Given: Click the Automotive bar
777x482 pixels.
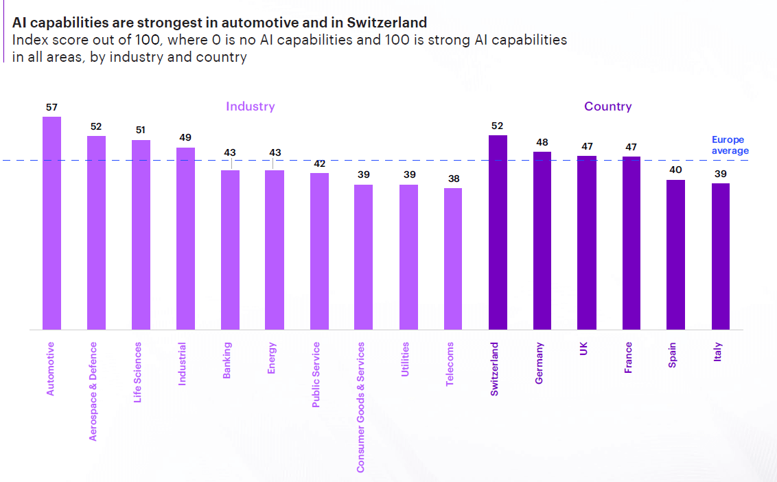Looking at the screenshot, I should (x=51, y=223).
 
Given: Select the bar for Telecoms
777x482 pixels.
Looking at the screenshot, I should (x=453, y=259).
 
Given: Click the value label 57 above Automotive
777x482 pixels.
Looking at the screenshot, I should (x=51, y=107).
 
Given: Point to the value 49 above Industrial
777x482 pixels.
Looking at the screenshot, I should (x=185, y=137).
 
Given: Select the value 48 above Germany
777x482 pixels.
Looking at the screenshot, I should (x=542, y=142).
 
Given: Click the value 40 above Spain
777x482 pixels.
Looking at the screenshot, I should (x=675, y=170).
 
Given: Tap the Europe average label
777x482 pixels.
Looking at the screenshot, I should (x=730, y=145).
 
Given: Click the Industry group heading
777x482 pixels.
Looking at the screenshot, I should (x=251, y=106).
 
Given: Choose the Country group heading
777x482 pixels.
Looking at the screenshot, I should (x=607, y=106).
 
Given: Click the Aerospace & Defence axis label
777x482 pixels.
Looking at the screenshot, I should (x=93, y=391).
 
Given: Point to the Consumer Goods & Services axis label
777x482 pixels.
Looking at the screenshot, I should (x=360, y=407).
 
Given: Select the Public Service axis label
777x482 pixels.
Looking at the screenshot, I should (x=316, y=375).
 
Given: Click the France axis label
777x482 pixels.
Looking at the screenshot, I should (x=628, y=358).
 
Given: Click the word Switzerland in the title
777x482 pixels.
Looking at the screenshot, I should (x=391, y=23).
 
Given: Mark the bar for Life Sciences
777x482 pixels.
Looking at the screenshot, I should (x=141, y=235).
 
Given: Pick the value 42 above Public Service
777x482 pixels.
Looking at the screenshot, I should (x=319, y=163).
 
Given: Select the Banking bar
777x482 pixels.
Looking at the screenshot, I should (x=230, y=250).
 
